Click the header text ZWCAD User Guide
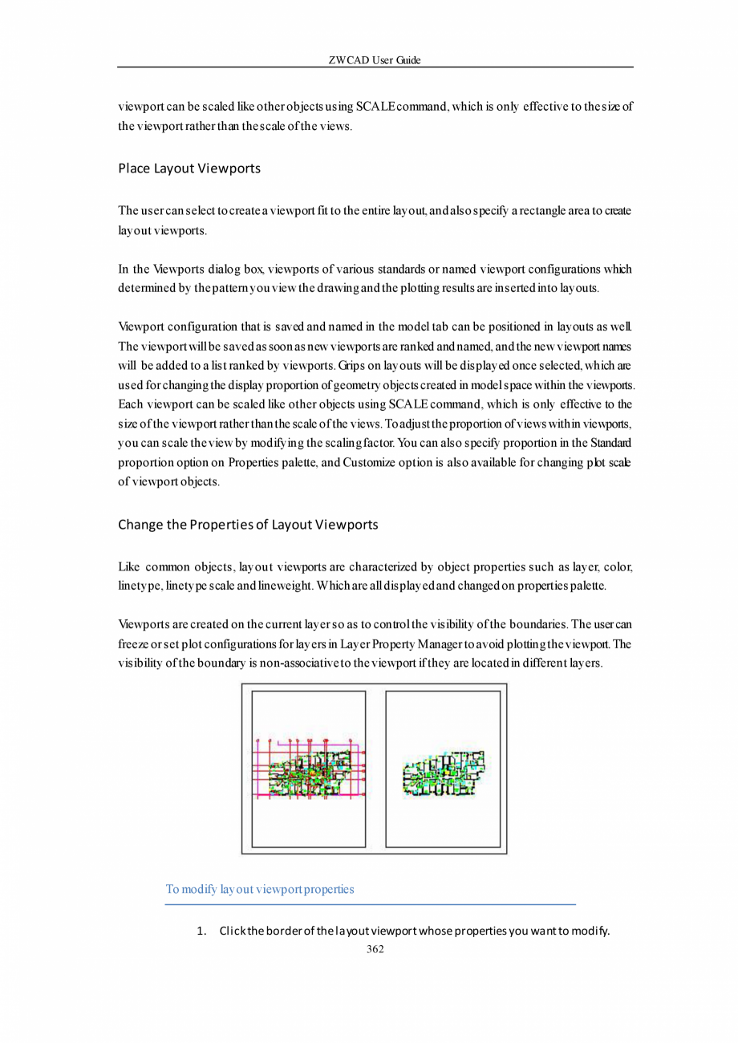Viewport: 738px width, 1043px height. click(x=375, y=61)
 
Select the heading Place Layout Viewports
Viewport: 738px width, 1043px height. click(x=189, y=169)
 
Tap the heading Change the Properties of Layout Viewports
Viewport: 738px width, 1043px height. click(x=248, y=526)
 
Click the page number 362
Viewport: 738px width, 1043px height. click(x=375, y=949)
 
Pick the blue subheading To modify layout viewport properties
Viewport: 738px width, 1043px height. click(x=260, y=889)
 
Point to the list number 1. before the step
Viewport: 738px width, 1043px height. click(x=202, y=931)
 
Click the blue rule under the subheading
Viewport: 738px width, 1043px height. click(x=371, y=904)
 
